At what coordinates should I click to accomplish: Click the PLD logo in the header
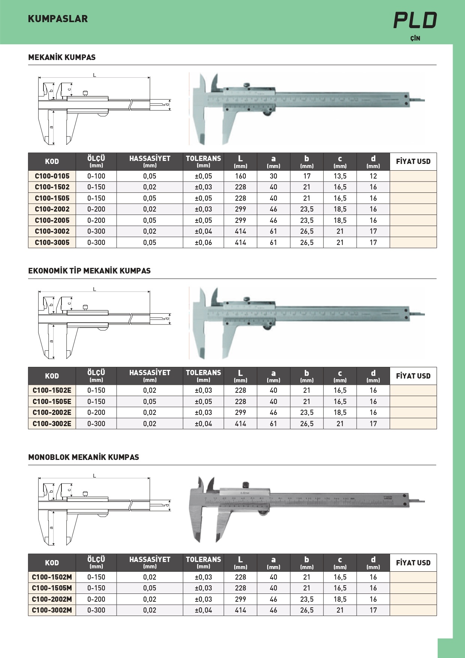[x=415, y=20]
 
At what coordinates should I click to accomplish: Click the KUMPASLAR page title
[x=58, y=19]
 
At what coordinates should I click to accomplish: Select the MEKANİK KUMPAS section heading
[x=62, y=57]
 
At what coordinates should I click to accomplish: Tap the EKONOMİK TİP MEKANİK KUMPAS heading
[x=89, y=271]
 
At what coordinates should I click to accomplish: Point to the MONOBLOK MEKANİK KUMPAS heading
[x=84, y=457]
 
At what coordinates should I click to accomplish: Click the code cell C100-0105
[x=52, y=176]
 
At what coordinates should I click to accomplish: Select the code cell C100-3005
[x=52, y=242]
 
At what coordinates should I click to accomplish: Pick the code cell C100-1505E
[x=52, y=401]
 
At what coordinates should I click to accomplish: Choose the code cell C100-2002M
[x=52, y=599]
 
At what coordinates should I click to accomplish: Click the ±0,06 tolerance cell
[x=203, y=242]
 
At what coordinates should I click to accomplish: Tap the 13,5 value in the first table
[x=340, y=176]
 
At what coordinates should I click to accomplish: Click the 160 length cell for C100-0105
[x=240, y=176]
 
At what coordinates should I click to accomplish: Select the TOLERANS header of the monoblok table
[x=203, y=562]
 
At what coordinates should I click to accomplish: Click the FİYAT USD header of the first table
[x=413, y=162]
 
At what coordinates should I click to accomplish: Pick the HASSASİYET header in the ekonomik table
[x=150, y=376]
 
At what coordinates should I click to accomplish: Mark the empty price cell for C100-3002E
[x=413, y=424]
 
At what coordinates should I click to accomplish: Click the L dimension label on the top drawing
[x=94, y=75]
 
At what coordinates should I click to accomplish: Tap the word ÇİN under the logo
[x=415, y=38]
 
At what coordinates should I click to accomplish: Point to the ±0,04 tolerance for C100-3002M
[x=203, y=610]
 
